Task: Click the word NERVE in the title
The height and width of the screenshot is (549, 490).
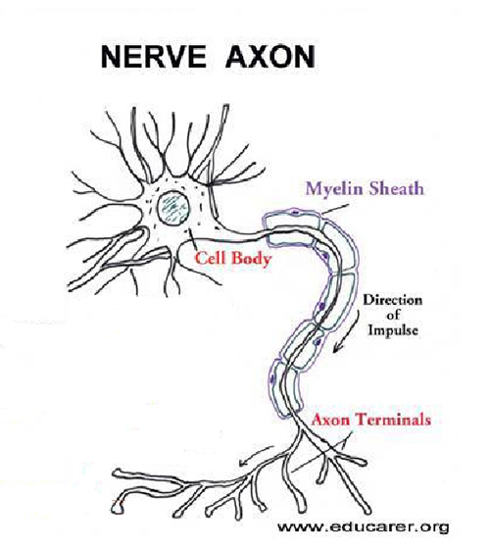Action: (x=153, y=57)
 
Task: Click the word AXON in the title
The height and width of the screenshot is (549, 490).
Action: (x=270, y=57)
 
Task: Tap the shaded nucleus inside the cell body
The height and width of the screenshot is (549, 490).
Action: (x=173, y=208)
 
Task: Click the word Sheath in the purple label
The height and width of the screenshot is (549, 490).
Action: (x=397, y=188)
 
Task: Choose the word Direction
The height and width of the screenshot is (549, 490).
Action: (x=393, y=300)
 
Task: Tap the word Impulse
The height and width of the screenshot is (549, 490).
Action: (x=393, y=330)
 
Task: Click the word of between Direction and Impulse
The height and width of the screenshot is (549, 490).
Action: (x=393, y=315)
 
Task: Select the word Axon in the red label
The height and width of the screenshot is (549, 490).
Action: (x=330, y=420)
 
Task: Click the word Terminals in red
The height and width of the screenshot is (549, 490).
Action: (x=393, y=420)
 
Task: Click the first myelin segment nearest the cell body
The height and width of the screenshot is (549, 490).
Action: (x=293, y=228)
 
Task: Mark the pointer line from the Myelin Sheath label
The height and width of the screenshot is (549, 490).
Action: (x=335, y=210)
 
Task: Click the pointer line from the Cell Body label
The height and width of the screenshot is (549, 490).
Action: (x=192, y=239)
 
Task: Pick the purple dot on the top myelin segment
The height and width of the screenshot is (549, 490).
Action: (x=296, y=212)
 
